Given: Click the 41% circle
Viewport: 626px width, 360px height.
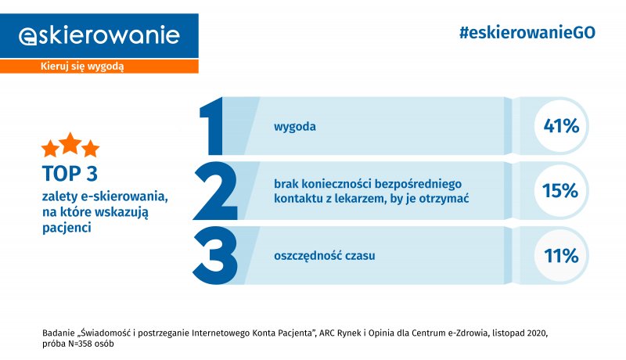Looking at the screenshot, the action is coord(561,126).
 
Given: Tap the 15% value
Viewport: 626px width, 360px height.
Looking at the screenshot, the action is coord(560,191).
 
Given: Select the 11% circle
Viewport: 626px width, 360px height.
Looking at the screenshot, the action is coord(561,255).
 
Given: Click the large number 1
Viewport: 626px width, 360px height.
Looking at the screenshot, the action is coord(211,126).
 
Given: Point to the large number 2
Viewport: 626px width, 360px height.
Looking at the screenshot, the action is coord(215,191).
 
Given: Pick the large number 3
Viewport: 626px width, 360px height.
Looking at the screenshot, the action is coord(215,255).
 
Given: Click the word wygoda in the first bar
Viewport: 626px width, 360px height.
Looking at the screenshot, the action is coord(295,127).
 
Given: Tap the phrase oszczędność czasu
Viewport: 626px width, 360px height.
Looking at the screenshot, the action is coord(324,256).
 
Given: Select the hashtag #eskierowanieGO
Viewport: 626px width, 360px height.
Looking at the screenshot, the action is coord(527,33).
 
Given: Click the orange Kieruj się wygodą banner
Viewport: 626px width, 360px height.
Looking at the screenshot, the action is coord(99,67).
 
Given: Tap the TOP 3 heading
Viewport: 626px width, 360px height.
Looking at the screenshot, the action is coord(70,174).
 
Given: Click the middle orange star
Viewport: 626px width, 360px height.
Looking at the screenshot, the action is coord(70,143).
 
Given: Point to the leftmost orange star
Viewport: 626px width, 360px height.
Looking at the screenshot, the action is coord(50,149).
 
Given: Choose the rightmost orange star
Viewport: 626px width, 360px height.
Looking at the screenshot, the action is coord(91,149).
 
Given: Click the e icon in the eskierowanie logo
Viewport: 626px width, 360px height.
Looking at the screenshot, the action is coord(27,37).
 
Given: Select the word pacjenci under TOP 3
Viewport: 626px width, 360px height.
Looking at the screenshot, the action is coord(67,228).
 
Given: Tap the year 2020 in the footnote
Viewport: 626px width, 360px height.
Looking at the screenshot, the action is coord(537,333).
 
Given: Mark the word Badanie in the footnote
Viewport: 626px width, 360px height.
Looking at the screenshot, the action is coord(58,333).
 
